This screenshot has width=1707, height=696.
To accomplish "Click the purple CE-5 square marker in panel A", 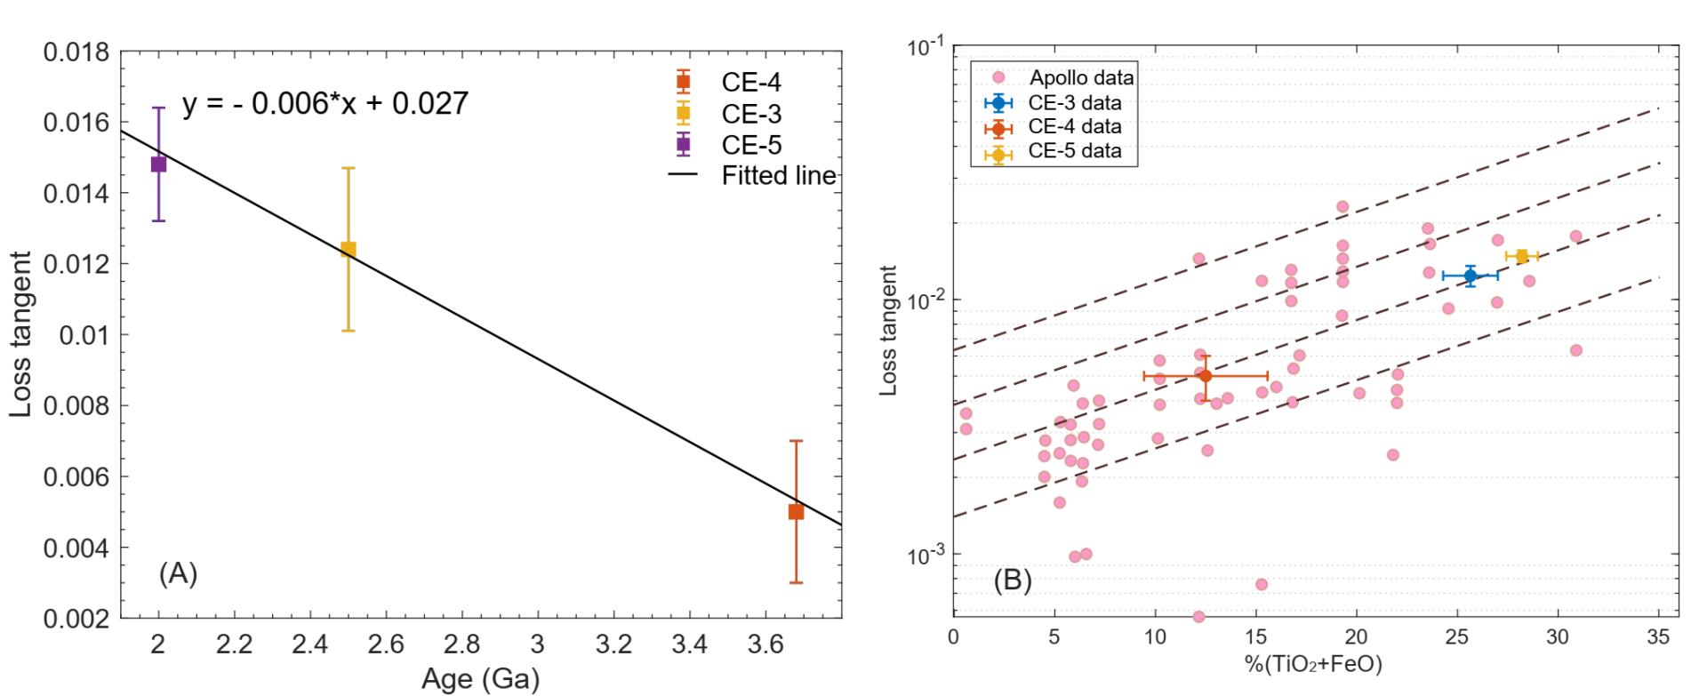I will pyautogui.click(x=158, y=164).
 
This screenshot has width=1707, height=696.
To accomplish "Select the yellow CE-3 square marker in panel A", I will pyautogui.click(x=348, y=250).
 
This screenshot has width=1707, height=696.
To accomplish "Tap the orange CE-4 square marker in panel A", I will pyautogui.click(x=796, y=512).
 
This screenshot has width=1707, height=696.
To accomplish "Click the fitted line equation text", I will pyautogui.click(x=325, y=104).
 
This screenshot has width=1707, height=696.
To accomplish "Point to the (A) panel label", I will pyautogui.click(x=178, y=573).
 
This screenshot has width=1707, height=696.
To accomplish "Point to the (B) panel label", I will pyautogui.click(x=1012, y=580).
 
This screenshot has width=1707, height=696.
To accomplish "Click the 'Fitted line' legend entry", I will pyautogui.click(x=778, y=175).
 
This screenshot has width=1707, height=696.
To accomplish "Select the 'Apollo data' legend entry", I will pyautogui.click(x=1081, y=78).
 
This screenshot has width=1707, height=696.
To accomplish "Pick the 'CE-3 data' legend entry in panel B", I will pyautogui.click(x=1074, y=102).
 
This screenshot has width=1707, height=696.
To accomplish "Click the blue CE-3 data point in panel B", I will pyautogui.click(x=1471, y=276).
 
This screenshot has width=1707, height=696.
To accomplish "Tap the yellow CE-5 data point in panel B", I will pyautogui.click(x=1522, y=257).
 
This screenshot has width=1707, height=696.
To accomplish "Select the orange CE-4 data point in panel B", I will pyautogui.click(x=1205, y=376).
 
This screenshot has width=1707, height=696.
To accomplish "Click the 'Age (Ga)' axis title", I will pyautogui.click(x=480, y=680).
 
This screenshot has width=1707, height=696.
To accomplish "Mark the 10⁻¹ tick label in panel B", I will pyautogui.click(x=926, y=48).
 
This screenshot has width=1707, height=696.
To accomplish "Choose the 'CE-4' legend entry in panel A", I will pyautogui.click(x=751, y=83).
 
